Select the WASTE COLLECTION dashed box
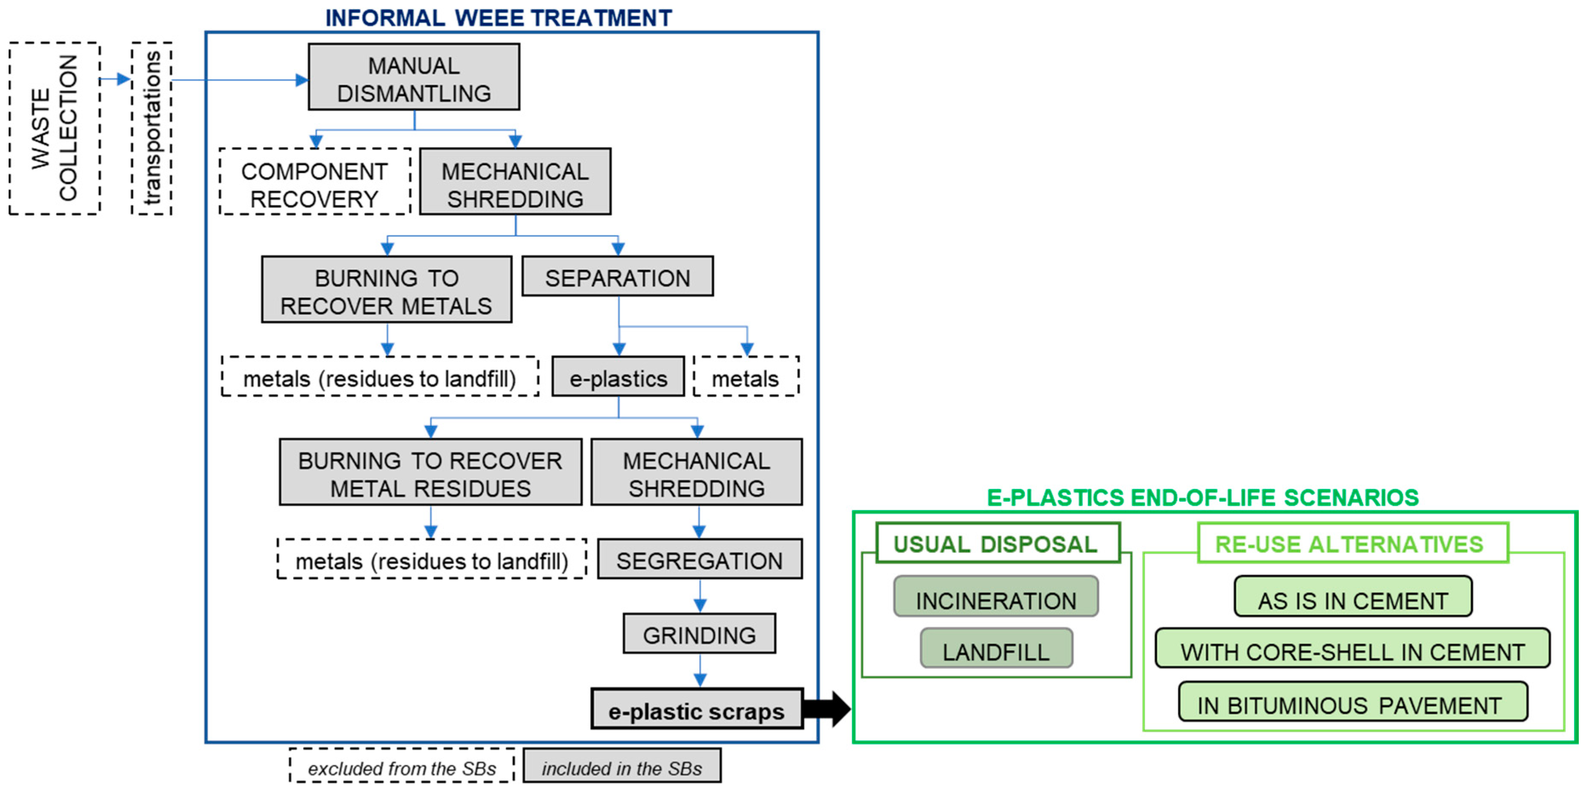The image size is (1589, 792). tap(54, 128)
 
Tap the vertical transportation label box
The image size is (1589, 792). tap(152, 128)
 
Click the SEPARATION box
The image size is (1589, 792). tap(617, 277)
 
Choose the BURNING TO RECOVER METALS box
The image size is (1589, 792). tap(386, 290)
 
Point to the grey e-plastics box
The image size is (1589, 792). tap(618, 377)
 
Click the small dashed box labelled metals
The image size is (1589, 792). tap(746, 377)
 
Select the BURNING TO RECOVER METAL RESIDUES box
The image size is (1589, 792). tap(430, 473)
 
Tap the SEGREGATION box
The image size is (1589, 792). tap(700, 560)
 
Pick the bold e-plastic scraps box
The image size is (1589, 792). tap(697, 710)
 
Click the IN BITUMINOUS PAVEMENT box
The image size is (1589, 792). tap(1352, 703)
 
